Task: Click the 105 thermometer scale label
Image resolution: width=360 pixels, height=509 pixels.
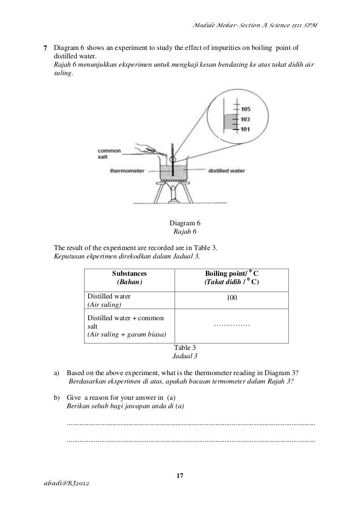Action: coord(246,109)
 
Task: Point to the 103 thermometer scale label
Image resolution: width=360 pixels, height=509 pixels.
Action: coord(246,119)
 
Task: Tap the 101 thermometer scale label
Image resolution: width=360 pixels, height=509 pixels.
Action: coord(246,129)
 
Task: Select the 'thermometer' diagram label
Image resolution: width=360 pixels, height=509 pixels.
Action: coord(127,171)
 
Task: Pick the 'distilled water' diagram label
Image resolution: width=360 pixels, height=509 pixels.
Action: coord(226,171)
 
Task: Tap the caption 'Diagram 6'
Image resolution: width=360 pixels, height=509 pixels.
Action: coord(184,223)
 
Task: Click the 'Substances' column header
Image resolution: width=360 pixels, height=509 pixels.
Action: coord(129,273)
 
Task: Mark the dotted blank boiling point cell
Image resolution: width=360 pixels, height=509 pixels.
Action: coord(231,325)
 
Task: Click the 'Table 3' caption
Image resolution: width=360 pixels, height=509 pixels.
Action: coord(184,348)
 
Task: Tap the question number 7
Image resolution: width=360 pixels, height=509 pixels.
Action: coord(45,48)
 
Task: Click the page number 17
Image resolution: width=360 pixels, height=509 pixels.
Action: coord(180,475)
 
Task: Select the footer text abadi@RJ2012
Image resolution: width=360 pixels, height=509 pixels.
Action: coord(62,482)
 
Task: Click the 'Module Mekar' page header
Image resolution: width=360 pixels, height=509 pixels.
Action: coord(252,26)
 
